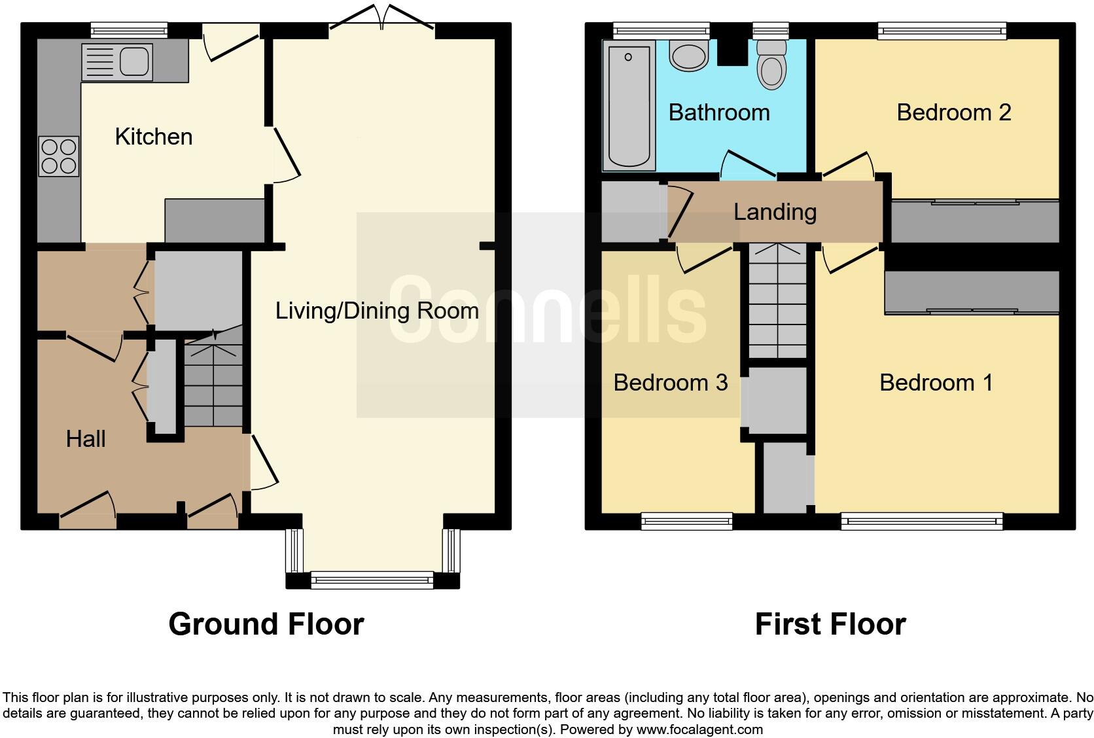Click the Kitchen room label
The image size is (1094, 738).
point(153,137)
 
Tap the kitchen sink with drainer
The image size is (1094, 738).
point(117,62)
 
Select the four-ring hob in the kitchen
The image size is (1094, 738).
point(58,156)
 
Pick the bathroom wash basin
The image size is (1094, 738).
point(688,54)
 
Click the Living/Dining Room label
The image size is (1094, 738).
point(377,310)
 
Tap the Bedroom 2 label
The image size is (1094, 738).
point(953,113)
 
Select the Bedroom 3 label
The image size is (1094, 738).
point(670,383)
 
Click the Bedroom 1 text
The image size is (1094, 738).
point(936,383)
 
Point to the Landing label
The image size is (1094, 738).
point(775,212)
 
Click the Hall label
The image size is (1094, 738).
point(86,439)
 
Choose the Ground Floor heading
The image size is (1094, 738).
point(266,624)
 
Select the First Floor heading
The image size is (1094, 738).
point(830,624)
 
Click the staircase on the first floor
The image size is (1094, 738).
point(777,301)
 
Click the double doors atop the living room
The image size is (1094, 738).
point(382,18)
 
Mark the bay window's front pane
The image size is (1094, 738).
point(372,580)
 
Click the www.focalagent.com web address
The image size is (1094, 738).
point(699,729)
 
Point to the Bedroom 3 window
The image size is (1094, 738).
point(687,521)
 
